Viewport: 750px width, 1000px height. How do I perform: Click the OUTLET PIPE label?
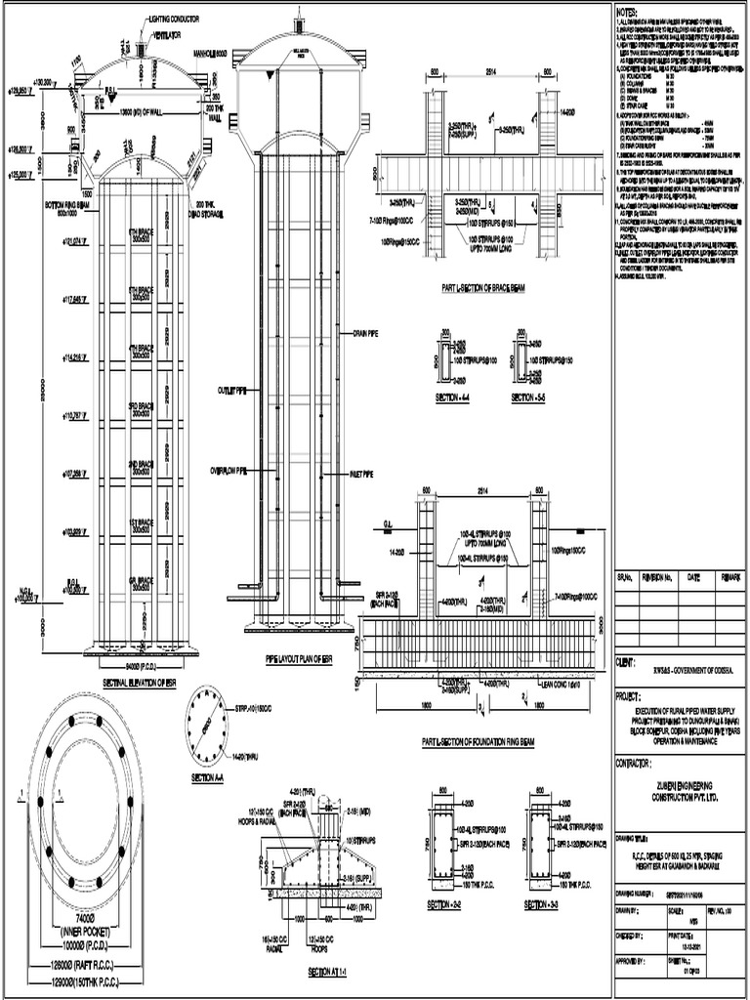pos(232,390)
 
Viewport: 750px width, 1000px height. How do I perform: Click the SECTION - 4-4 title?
pos(454,398)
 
